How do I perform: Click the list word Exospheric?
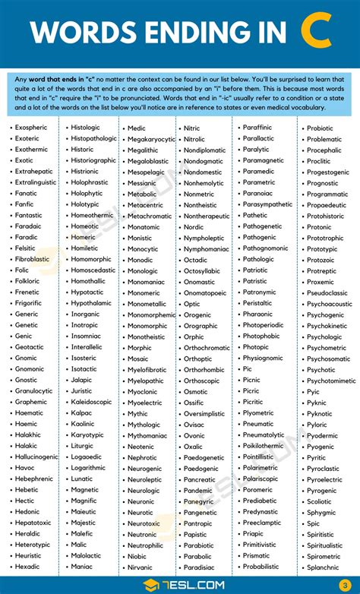coord(31,128)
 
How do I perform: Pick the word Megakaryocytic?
coord(151,139)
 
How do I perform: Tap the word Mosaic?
coord(138,359)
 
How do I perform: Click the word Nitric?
coord(192,128)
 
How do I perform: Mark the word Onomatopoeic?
coord(205,293)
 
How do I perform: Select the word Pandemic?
coord(199,490)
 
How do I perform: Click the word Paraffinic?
coord(257,128)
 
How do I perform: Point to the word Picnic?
coord(251,380)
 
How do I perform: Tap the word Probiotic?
coord(320,128)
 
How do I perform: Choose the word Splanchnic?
coord(323,567)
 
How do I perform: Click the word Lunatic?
coord(82,479)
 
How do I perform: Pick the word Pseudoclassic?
coord(327,292)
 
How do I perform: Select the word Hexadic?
coord(27,567)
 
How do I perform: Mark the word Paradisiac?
coord(200,567)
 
